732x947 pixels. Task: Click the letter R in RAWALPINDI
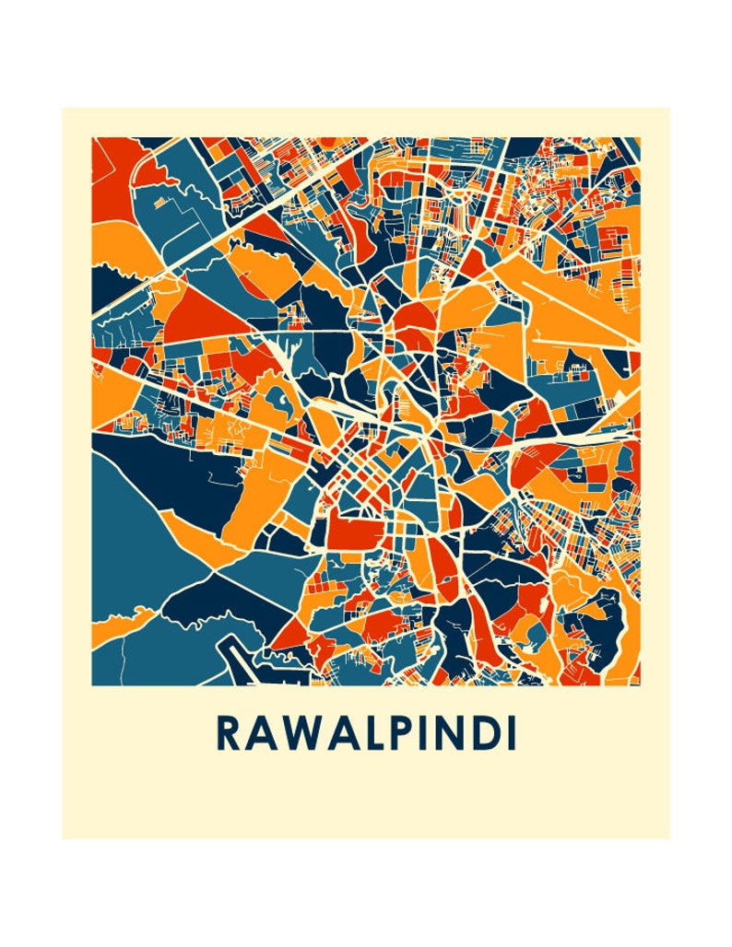228,733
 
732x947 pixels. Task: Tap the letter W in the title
296,733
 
